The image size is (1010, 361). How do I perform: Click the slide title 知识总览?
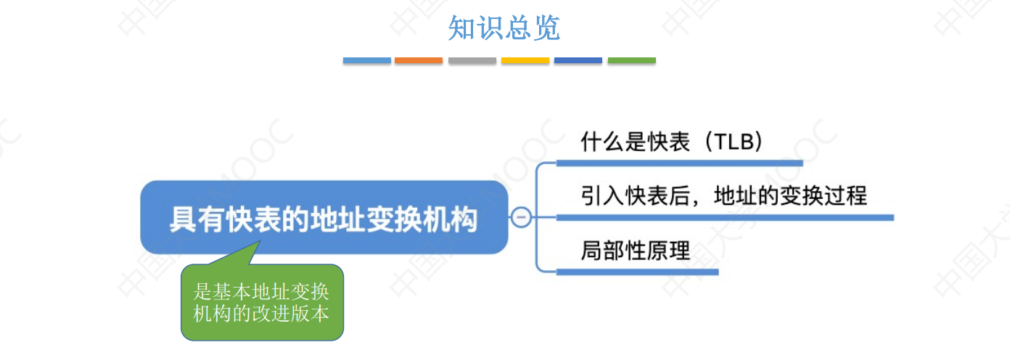click(x=504, y=29)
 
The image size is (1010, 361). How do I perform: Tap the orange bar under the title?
click(x=419, y=60)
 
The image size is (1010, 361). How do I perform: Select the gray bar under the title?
click(x=472, y=60)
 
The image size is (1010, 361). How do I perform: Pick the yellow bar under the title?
click(x=525, y=60)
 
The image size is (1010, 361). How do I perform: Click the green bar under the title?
click(x=631, y=60)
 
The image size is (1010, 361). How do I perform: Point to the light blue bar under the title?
click(x=366, y=60)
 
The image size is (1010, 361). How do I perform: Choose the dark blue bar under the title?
click(x=578, y=60)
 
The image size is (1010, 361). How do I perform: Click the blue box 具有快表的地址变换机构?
click(x=324, y=217)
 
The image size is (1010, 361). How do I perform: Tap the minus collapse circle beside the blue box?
click(x=521, y=217)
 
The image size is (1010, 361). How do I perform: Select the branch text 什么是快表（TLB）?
click(x=672, y=142)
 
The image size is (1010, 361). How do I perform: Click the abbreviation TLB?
click(x=736, y=142)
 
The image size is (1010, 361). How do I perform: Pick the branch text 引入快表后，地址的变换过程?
click(x=723, y=195)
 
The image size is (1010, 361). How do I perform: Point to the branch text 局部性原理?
click(x=635, y=251)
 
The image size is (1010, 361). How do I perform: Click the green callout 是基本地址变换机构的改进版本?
click(x=261, y=304)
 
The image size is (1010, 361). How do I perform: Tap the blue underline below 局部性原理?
click(x=637, y=272)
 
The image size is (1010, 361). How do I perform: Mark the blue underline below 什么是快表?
click(x=679, y=163)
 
